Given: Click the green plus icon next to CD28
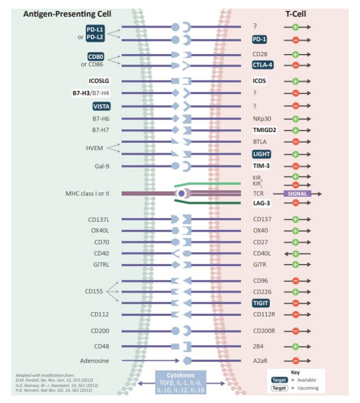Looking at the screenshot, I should coord(296,54).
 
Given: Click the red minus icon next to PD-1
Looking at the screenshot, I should coord(296,39).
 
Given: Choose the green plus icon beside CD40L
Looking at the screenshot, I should coord(296,253).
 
